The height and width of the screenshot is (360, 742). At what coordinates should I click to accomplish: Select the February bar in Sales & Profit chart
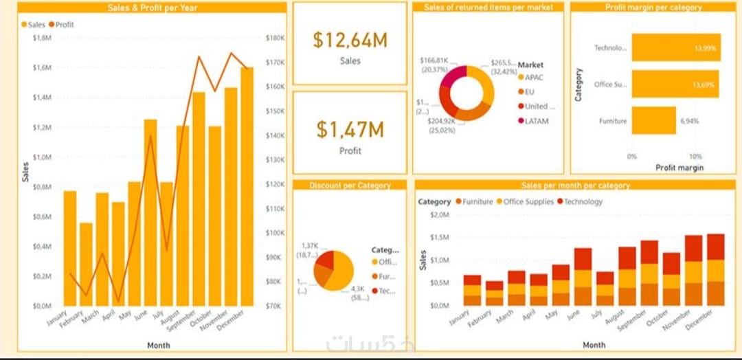[x=86, y=264]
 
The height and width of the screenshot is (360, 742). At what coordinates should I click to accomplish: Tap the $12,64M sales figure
[x=350, y=41]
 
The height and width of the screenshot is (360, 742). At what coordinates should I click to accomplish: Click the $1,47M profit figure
[x=350, y=129]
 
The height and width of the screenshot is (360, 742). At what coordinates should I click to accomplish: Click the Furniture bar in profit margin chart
[x=654, y=120]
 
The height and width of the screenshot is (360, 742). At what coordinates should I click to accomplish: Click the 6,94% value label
[x=690, y=121]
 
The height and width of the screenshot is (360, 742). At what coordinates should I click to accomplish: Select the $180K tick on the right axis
[x=275, y=38]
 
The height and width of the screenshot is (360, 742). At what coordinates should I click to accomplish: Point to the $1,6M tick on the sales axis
[x=41, y=67]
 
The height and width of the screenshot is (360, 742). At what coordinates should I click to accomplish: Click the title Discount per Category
[x=350, y=185]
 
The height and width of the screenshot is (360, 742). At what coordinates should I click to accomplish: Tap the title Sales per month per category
[x=575, y=185]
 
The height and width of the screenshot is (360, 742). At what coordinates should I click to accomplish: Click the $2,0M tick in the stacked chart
[x=439, y=214]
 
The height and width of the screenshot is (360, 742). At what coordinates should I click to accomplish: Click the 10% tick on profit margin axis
[x=695, y=157]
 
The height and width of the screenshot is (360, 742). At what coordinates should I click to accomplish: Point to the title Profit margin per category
[x=653, y=8]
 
